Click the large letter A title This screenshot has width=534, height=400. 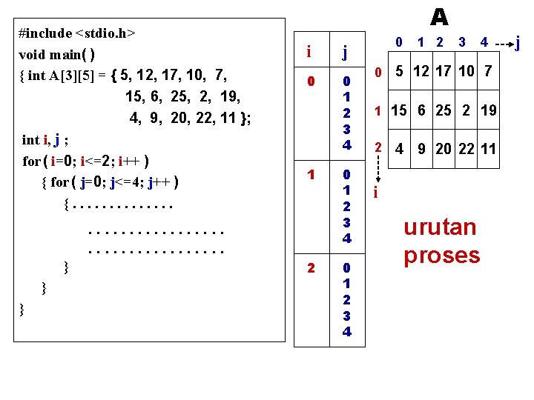(439, 16)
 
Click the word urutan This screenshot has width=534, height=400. (440, 227)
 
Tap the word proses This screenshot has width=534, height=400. (442, 255)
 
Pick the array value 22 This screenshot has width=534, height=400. (466, 149)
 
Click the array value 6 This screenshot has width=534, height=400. (421, 110)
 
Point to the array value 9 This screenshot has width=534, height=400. (421, 149)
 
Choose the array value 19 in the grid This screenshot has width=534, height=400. (488, 110)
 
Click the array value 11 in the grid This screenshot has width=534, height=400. (488, 149)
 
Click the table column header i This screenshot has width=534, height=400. (309, 52)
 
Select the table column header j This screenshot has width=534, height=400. (345, 52)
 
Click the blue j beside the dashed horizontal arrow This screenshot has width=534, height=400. (518, 43)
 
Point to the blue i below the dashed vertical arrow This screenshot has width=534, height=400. (377, 193)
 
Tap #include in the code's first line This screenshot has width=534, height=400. (46, 33)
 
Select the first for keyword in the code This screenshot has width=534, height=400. (33, 161)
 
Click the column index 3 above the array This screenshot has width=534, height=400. (461, 42)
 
